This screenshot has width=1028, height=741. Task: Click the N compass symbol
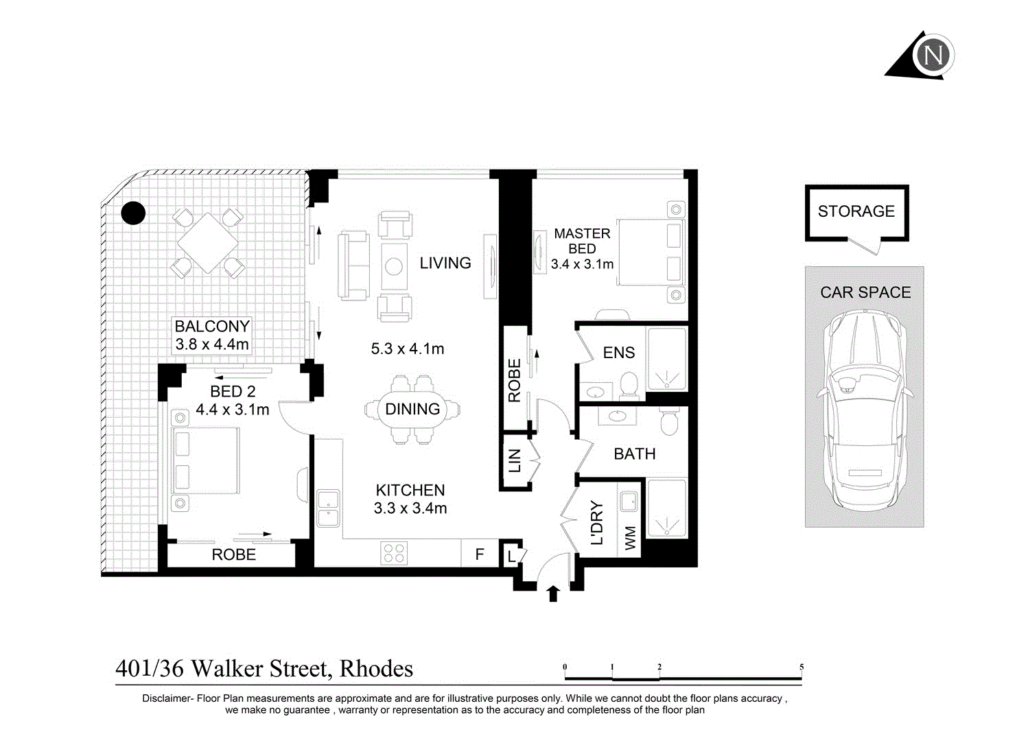[933, 56]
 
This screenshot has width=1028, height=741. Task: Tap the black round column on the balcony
[133, 213]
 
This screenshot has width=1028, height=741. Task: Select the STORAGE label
[856, 211]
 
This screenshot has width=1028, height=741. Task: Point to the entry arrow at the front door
[553, 593]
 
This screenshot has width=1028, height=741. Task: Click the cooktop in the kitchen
[394, 553]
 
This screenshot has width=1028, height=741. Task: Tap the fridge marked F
[480, 554]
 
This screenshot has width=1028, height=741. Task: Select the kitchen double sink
[329, 508]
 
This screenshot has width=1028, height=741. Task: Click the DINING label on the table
[412, 409]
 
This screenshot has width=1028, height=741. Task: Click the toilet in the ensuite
[629, 384]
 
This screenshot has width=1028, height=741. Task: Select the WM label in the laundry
[630, 538]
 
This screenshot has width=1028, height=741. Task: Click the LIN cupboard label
[515, 460]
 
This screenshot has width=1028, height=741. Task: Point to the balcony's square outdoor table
[208, 243]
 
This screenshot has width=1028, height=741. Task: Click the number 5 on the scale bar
[802, 667]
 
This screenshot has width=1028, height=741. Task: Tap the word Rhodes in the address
[376, 668]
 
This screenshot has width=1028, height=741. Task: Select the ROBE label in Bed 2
[233, 554]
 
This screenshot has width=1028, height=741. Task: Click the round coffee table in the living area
[394, 266]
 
